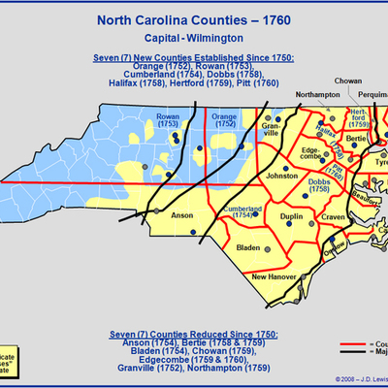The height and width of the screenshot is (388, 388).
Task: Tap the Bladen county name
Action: pyautogui.click(x=250, y=248)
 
